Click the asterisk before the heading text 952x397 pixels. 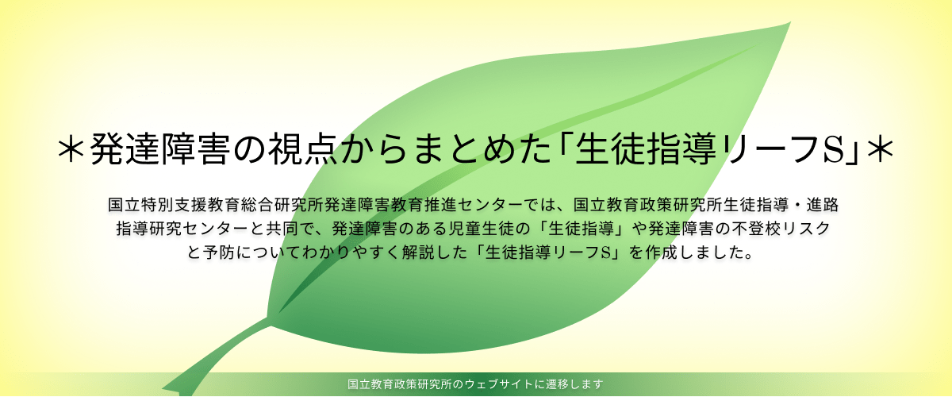pos(71,149)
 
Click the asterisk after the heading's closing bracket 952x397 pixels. pos(880,149)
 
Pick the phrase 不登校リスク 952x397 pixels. pos(781,229)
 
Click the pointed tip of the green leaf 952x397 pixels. pos(790,22)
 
